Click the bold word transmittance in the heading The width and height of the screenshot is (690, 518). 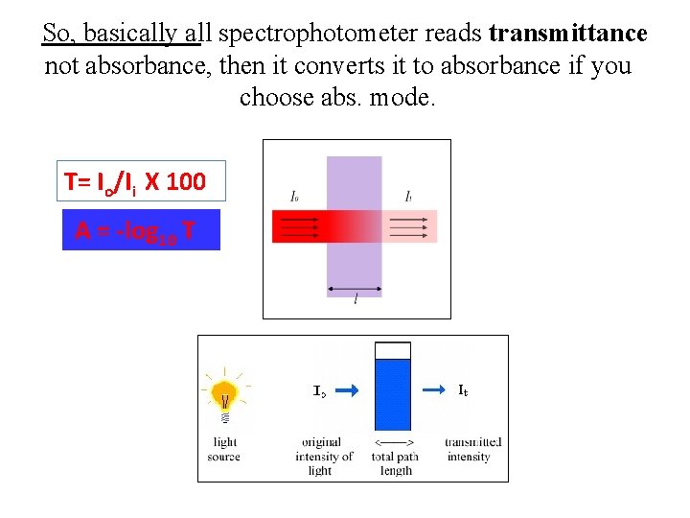point(567,34)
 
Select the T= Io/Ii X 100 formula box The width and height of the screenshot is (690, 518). point(133,181)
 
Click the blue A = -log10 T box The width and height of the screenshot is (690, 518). point(141,230)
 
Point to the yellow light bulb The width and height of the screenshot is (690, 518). point(225,392)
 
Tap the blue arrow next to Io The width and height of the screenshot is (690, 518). point(348,390)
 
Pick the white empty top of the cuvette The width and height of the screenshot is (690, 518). point(393,350)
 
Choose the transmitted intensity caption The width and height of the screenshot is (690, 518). point(470,449)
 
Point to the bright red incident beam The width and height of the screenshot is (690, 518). point(299,226)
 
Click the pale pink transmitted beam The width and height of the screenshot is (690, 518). point(409,226)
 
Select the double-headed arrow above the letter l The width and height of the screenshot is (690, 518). point(355,289)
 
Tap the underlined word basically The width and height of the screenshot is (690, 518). point(142,34)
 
